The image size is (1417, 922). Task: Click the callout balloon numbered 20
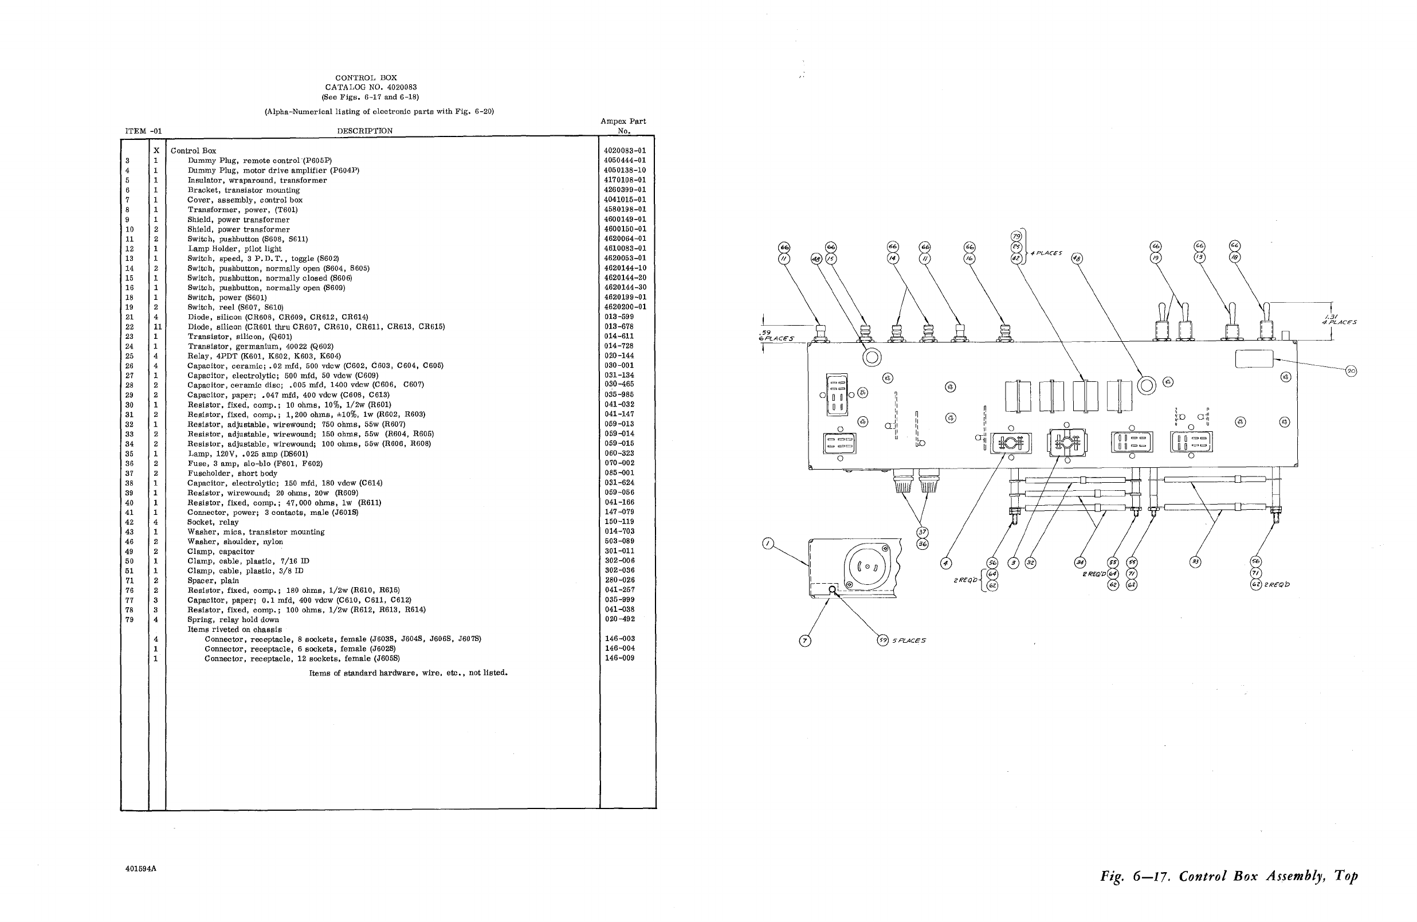tap(1351, 371)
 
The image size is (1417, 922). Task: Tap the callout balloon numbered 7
tap(805, 641)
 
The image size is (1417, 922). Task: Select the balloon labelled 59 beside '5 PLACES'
tap(882, 640)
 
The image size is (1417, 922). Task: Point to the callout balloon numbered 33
tap(1195, 562)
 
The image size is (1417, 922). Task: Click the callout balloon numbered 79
tap(1016, 237)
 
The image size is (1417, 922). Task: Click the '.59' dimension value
tap(767, 333)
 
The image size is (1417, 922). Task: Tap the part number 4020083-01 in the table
tap(625, 151)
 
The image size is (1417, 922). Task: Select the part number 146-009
tap(619, 658)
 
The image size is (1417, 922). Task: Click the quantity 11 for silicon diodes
tap(158, 327)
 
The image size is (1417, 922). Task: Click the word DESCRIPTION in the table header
tap(364, 131)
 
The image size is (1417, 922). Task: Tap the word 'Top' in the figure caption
tap(1347, 876)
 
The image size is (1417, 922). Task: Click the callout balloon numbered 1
tap(768, 543)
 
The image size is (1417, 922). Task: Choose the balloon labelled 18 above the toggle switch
tap(1235, 257)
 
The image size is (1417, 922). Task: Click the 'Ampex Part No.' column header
tap(623, 126)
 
